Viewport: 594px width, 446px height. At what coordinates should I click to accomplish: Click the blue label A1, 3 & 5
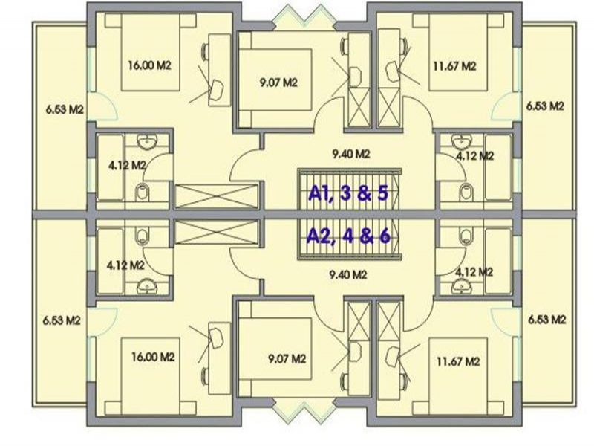pyautogui.click(x=348, y=193)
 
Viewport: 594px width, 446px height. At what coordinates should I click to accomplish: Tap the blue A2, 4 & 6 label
pyautogui.click(x=348, y=236)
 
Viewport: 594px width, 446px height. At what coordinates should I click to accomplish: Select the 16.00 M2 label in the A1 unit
pyautogui.click(x=150, y=65)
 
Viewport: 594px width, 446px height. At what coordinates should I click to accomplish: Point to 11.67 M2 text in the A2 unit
pyautogui.click(x=458, y=361)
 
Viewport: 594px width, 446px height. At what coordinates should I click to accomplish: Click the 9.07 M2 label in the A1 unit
pyautogui.click(x=278, y=83)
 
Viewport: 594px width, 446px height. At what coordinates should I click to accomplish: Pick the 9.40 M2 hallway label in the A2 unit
pyautogui.click(x=347, y=274)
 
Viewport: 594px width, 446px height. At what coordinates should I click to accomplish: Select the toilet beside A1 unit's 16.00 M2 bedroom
pyautogui.click(x=143, y=192)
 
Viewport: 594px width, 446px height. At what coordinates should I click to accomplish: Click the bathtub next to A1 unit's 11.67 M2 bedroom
pyautogui.click(x=498, y=167)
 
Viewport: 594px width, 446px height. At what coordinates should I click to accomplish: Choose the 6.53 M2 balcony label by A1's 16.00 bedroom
pyautogui.click(x=65, y=109)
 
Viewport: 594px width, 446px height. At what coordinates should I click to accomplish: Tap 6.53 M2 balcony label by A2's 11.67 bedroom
pyautogui.click(x=547, y=320)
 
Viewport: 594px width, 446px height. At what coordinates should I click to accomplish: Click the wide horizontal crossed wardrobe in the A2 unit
pyautogui.click(x=217, y=232)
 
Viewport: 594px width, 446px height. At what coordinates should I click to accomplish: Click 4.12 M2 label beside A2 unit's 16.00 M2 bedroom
pyautogui.click(x=125, y=265)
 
